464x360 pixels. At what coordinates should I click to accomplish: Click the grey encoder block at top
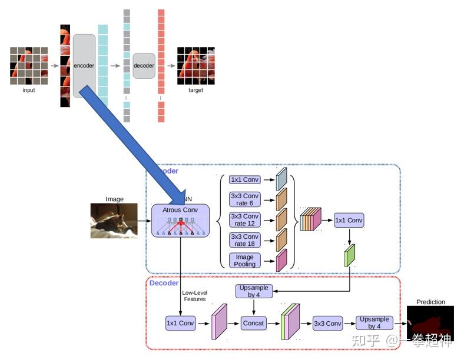[x=84, y=65]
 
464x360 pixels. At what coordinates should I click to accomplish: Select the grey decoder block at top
[x=144, y=65]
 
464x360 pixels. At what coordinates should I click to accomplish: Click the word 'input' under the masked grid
[x=28, y=91]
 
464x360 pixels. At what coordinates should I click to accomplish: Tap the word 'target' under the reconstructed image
[x=195, y=91]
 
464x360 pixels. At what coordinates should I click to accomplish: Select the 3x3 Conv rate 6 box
[x=244, y=199]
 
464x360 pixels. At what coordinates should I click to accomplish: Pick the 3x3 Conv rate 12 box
[x=244, y=219]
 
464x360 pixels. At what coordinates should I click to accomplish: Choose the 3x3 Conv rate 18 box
[x=244, y=239]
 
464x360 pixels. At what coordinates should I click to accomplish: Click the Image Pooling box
[x=244, y=260]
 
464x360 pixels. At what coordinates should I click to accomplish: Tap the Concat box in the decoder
[x=254, y=323]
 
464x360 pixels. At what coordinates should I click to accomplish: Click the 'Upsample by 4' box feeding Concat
[x=254, y=291]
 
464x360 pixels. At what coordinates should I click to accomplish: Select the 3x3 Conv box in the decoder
[x=327, y=323]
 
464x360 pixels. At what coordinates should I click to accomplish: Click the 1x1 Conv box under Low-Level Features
[x=180, y=323]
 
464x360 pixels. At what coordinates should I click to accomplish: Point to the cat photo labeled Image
[x=114, y=221]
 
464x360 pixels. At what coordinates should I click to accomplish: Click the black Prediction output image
[x=430, y=323]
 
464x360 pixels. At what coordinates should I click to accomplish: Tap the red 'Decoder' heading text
[x=164, y=283]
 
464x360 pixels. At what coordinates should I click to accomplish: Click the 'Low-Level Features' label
[x=194, y=296]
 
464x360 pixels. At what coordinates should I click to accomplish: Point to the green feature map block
[x=350, y=255]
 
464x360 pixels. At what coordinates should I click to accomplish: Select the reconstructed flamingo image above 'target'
[x=195, y=65]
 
